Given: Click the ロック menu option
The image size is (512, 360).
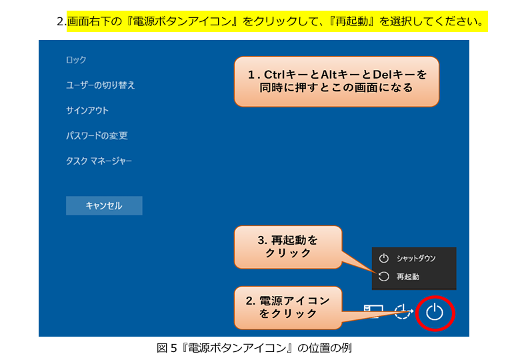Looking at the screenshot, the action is point(76,60).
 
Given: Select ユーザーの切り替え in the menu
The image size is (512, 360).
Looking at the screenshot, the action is point(100,85).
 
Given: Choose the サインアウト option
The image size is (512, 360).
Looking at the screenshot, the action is point(87,111).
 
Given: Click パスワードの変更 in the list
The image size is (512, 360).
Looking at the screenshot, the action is point(97,135).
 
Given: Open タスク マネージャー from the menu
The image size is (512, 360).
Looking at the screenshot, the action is point(99,161).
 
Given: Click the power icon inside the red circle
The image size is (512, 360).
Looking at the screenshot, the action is point(435,312).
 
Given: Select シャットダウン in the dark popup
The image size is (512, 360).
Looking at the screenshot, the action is point(416,259).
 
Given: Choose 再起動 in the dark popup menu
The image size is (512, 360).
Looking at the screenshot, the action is point(408,277).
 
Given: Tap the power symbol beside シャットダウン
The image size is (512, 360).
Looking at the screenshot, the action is point(384,258).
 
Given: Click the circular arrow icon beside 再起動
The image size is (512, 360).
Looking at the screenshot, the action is point(384,277).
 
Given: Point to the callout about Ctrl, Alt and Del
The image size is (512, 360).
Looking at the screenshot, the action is point(337,81).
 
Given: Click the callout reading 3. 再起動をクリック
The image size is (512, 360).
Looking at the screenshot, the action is point(288,247).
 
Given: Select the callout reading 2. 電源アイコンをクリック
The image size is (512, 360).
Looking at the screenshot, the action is point(288,307).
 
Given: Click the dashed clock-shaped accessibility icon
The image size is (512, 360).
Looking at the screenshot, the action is point(403,311).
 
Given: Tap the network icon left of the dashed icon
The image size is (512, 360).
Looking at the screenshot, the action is point(373,311).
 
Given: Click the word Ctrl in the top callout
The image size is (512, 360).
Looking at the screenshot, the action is point(275,75).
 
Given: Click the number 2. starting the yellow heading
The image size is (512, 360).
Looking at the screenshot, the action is point(61,21).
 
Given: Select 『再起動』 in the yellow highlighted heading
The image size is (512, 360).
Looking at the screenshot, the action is point(352,21).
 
